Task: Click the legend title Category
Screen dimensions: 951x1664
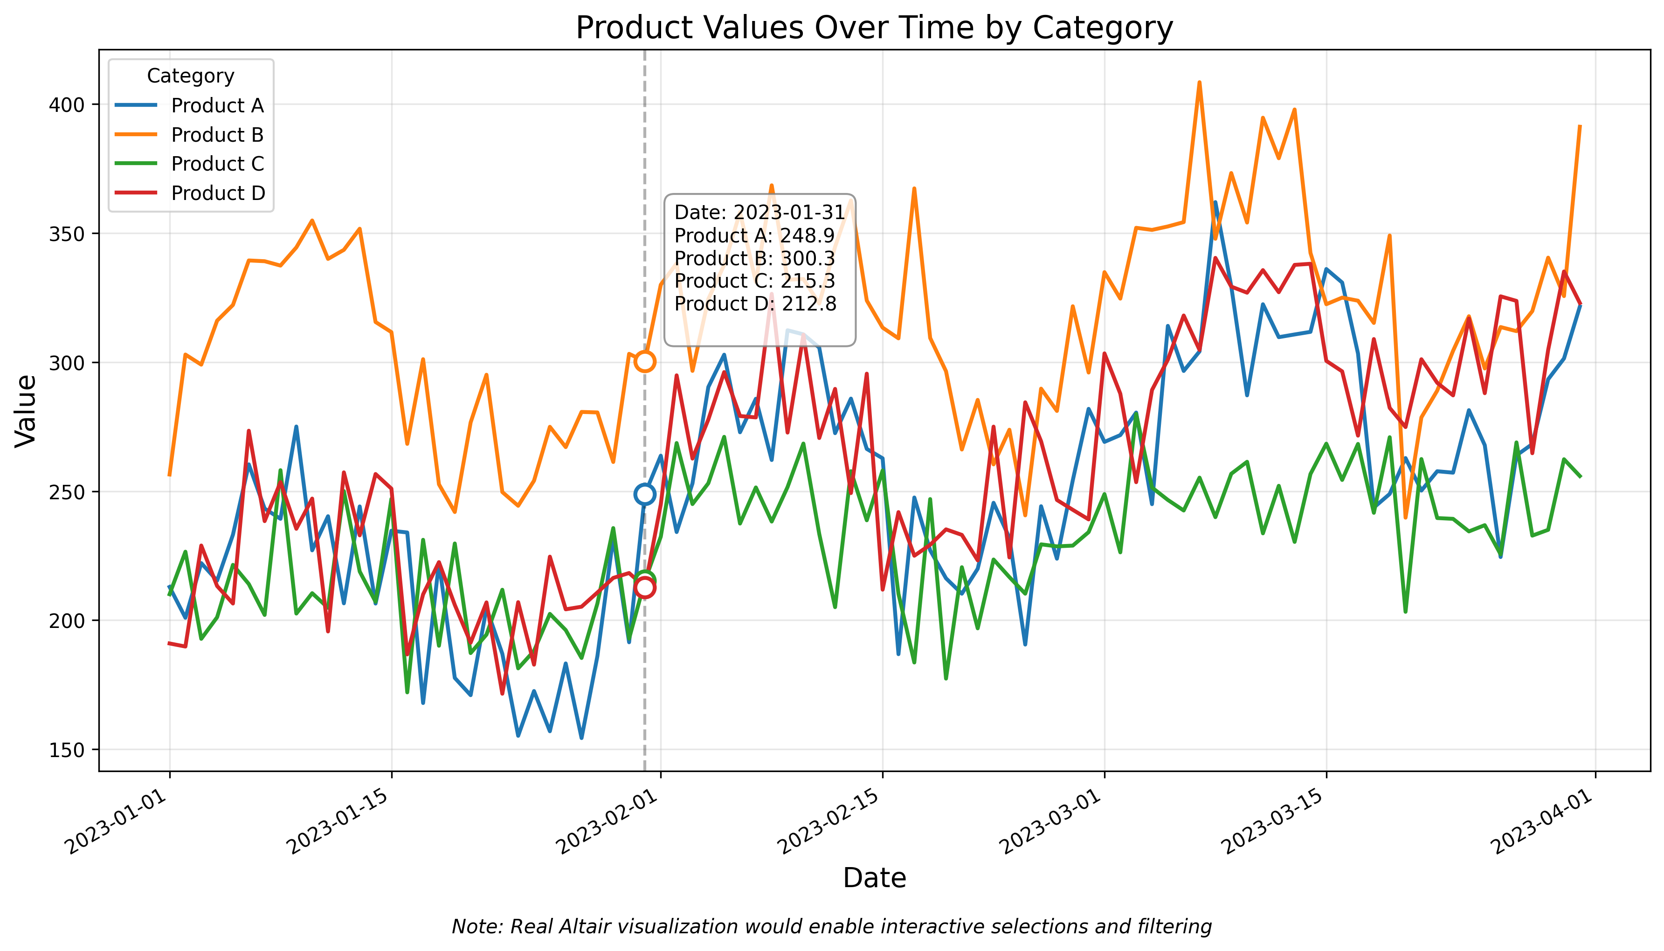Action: coord(190,76)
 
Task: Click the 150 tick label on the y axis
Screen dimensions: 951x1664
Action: coord(67,750)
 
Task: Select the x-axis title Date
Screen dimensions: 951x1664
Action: coord(874,878)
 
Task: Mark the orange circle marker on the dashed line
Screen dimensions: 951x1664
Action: coord(644,361)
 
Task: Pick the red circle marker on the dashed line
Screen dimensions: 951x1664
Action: coord(644,588)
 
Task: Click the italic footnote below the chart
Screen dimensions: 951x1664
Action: coord(831,927)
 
